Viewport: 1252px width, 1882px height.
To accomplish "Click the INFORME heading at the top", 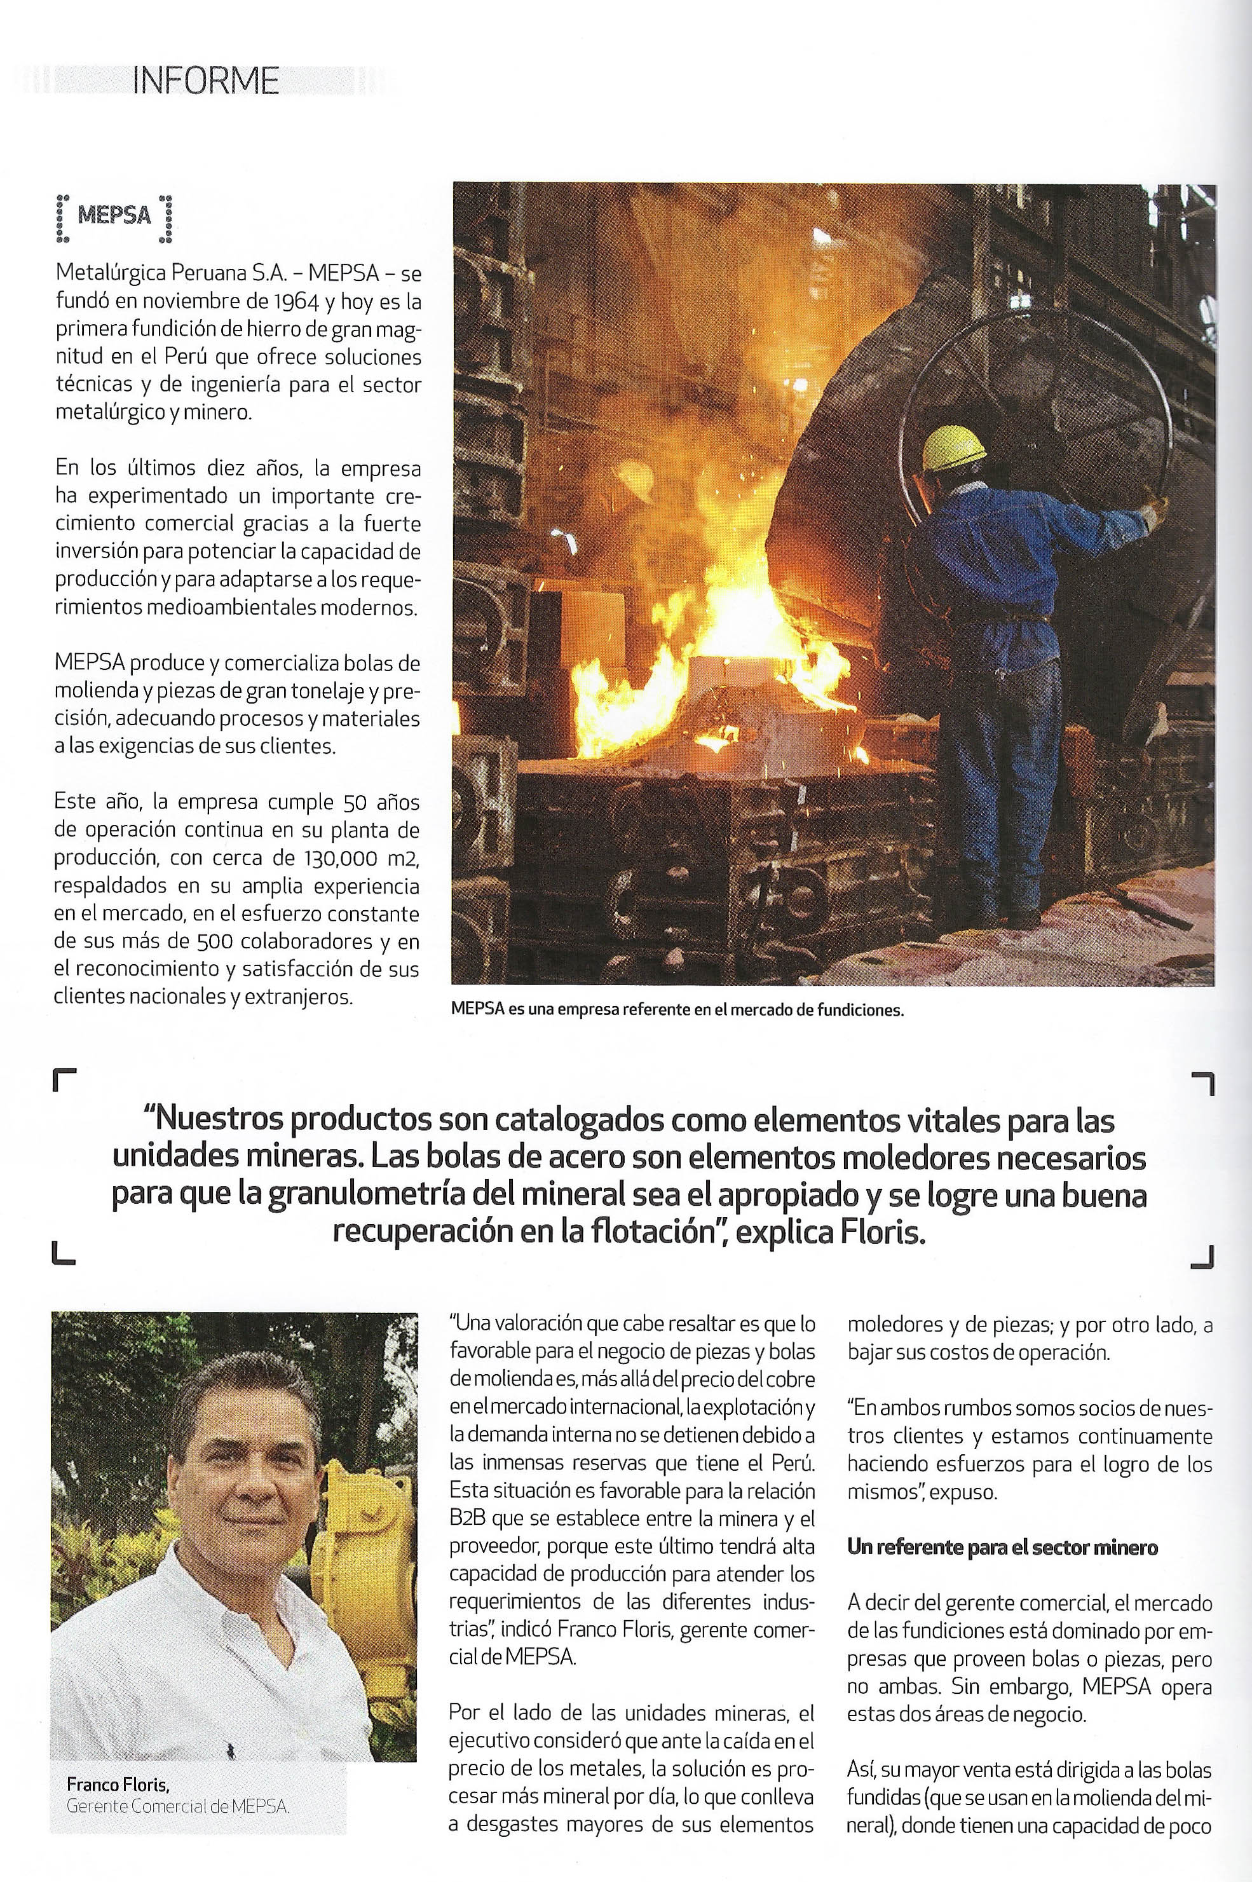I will coord(205,81).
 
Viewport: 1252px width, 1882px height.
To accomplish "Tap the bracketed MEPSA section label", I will coord(114,215).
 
